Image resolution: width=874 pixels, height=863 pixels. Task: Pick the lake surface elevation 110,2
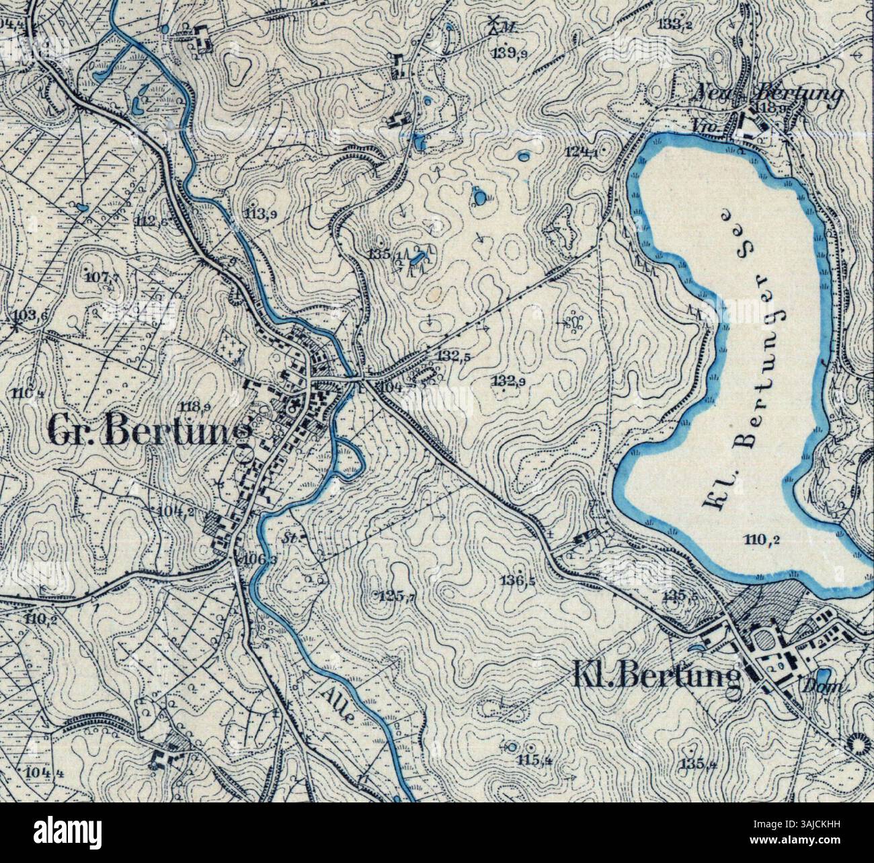pos(756,537)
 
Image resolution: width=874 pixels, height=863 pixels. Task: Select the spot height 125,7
pos(397,597)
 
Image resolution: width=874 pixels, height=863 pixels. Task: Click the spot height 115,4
pos(535,761)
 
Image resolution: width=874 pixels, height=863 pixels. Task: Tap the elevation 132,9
pos(509,382)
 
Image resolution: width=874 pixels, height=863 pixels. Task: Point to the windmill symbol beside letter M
pos(495,23)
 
